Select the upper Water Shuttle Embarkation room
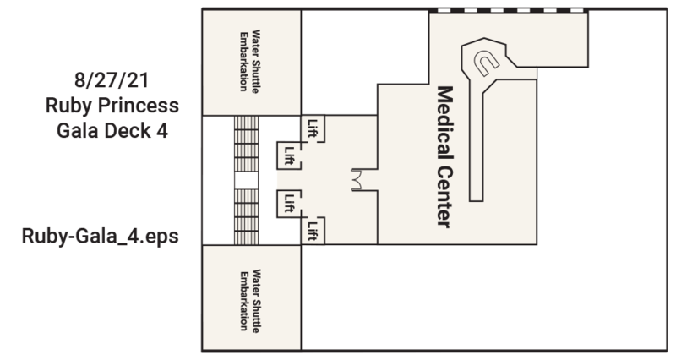[251, 63]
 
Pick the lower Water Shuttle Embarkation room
[251, 298]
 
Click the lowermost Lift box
[313, 230]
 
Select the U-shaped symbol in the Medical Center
[488, 62]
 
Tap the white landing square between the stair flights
[246, 180]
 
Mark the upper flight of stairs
[246, 144]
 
